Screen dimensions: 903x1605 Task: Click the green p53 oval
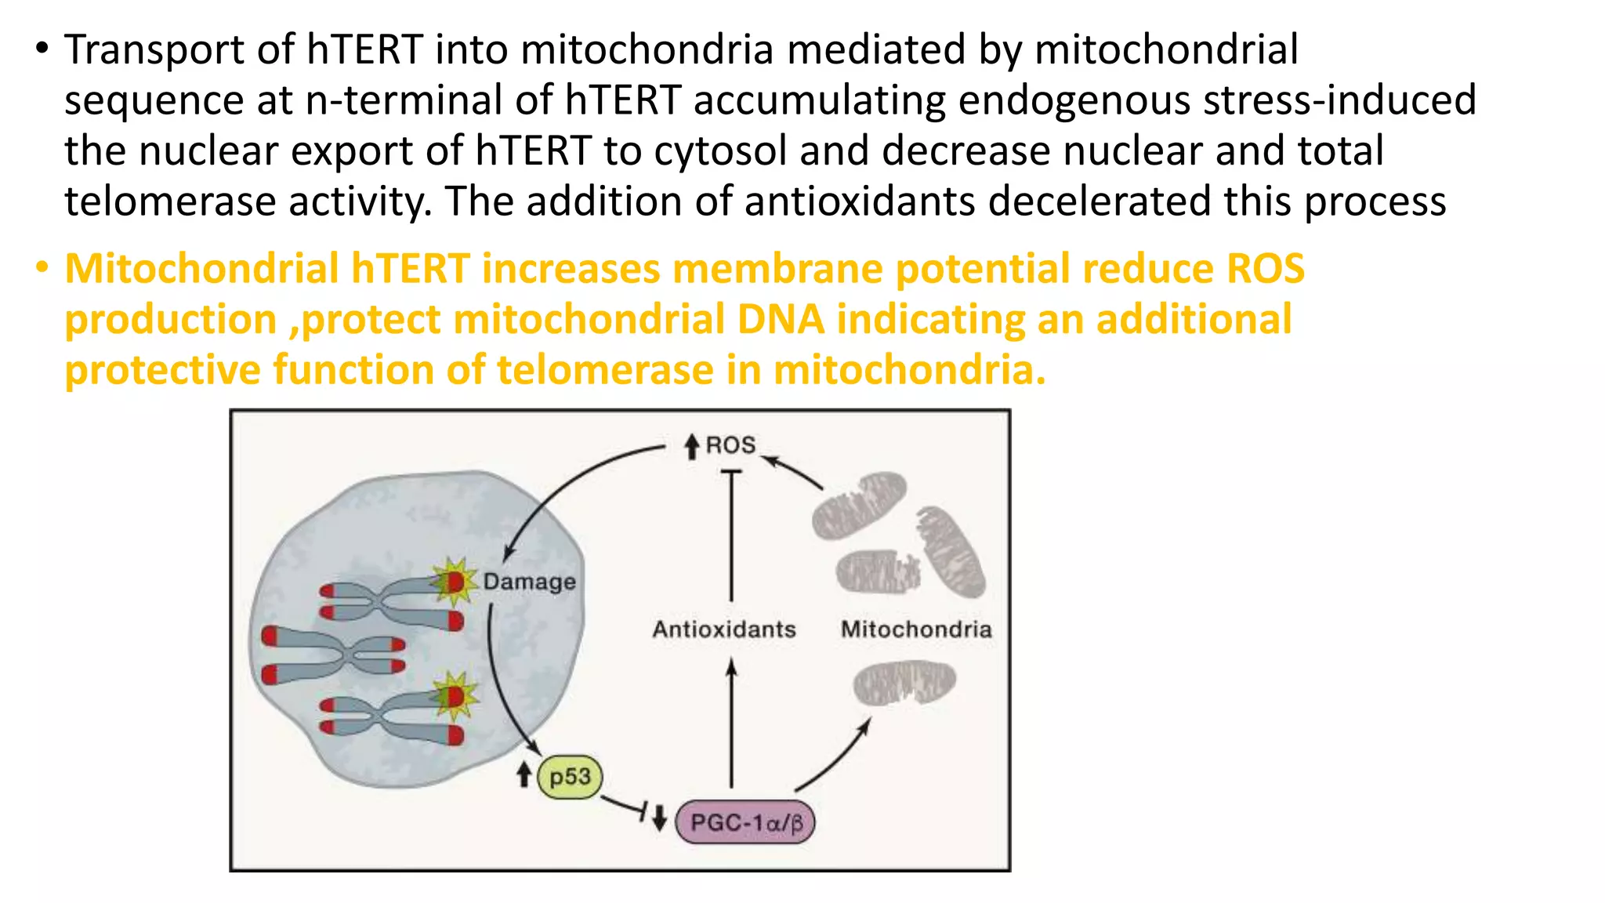click(x=570, y=777)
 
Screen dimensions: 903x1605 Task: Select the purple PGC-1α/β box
click(x=745, y=823)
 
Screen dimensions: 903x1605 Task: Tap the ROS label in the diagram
click(x=730, y=445)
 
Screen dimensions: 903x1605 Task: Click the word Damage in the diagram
click(x=529, y=582)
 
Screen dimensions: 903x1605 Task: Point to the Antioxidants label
click(x=724, y=629)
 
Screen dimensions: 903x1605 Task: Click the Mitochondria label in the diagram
click(x=916, y=629)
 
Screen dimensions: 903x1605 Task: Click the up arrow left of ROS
click(x=691, y=447)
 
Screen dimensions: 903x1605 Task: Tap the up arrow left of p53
click(x=524, y=774)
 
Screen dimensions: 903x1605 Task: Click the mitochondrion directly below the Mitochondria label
click(x=904, y=682)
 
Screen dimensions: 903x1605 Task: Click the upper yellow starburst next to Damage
click(x=454, y=582)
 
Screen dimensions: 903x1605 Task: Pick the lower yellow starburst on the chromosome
click(x=454, y=695)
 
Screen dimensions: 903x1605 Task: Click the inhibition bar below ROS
click(x=731, y=472)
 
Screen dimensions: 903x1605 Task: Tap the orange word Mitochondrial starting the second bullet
click(x=201, y=269)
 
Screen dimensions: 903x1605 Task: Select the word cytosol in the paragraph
click(x=720, y=150)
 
